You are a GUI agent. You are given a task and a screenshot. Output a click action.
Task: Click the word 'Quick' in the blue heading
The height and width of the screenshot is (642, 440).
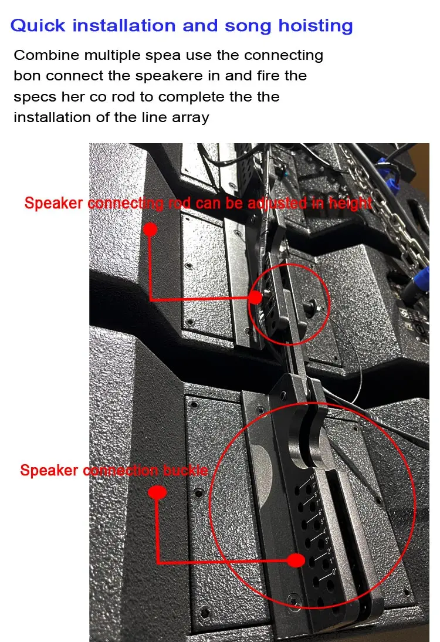coord(36,26)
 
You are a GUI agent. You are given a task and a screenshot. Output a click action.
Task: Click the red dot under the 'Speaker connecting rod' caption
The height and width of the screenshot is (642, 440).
coord(150,229)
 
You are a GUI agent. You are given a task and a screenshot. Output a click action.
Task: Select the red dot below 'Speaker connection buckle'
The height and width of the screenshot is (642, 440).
coord(156,492)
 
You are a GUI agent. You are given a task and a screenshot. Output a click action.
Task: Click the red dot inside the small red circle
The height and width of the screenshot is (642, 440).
coord(255,297)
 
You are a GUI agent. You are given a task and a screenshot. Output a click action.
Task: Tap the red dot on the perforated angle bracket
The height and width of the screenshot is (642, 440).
coord(295,561)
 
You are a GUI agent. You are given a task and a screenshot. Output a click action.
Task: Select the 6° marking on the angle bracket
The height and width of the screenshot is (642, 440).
coord(321,513)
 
